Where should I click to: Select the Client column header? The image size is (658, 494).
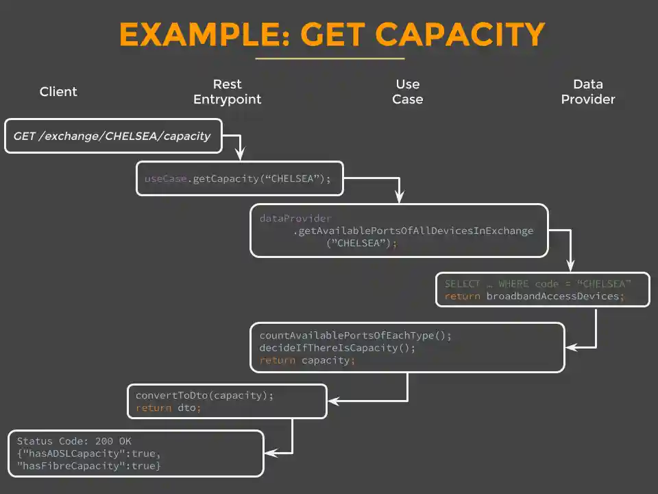coord(58,92)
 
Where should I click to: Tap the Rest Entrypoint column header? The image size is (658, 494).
coord(227,92)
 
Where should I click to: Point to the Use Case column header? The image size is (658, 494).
coord(407,92)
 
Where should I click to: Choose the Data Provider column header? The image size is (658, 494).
coord(587,92)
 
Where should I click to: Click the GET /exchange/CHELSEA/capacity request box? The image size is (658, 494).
coord(113,136)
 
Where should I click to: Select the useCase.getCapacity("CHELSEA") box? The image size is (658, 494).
coord(239,179)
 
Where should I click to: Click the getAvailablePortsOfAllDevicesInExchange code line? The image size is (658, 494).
coord(413,231)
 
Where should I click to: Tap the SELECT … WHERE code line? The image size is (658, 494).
coord(537,283)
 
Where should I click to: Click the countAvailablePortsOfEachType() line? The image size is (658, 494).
coord(356,336)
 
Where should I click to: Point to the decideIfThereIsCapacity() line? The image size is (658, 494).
coord(337,348)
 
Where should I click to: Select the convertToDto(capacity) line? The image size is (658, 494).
coord(204,396)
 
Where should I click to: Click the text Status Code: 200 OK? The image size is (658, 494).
coord(74,441)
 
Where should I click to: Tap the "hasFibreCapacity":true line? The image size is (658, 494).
coord(88,467)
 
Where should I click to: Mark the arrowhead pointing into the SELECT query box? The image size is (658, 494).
coord(570,268)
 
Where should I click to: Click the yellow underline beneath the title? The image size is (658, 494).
coord(331,59)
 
